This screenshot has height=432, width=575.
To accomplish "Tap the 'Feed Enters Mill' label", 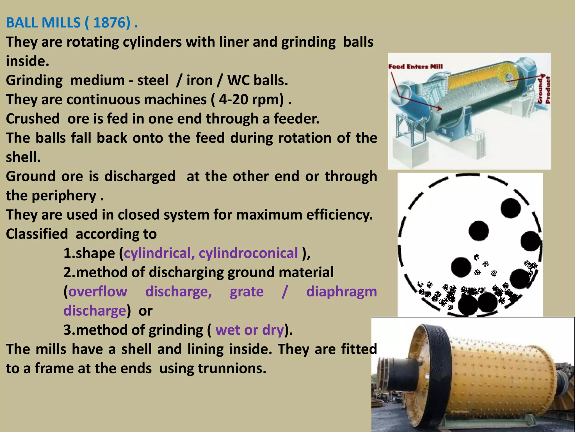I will (415, 67).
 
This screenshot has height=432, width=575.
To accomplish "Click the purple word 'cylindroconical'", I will (248, 253).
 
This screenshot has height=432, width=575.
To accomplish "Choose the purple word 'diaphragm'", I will (341, 291).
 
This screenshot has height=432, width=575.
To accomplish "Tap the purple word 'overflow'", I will (98, 291).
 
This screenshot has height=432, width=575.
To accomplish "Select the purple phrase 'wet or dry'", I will (250, 330).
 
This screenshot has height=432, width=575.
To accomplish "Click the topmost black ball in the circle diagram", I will (510, 208).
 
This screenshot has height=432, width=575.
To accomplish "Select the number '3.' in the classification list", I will (69, 330).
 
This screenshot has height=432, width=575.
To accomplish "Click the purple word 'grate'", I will (247, 291).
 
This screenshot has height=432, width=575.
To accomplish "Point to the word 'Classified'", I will (37, 234).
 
